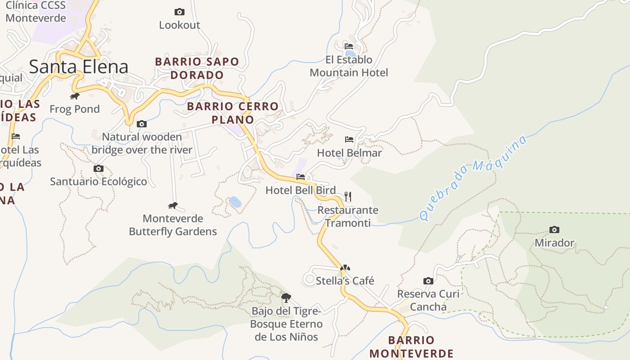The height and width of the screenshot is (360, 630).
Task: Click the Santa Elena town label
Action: pos(79,67)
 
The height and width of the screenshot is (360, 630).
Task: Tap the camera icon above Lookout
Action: pos(179,12)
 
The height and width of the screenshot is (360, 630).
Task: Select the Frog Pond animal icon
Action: pos(75,96)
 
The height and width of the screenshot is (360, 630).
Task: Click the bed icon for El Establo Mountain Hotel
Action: pos(349,46)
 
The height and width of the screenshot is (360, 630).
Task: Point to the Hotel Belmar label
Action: pos(349,153)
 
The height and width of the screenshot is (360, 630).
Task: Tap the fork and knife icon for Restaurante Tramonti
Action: pos(347,196)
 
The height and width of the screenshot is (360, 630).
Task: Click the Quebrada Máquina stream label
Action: pos(473,178)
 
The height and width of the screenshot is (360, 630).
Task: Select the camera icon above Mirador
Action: pos(554,229)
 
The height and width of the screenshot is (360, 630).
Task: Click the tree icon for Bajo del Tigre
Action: pos(286,297)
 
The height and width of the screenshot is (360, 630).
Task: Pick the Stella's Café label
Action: pos(345,281)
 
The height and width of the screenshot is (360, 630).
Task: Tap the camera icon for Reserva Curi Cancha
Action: pos(428,281)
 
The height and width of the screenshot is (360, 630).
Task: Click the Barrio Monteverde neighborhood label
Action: pos(411,346)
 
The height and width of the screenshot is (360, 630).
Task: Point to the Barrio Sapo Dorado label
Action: pos(197,68)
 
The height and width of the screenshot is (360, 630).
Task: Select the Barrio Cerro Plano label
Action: pos(233,113)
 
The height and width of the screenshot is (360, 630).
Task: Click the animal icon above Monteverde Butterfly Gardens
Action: pos(173,206)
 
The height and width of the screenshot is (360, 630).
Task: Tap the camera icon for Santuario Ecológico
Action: pos(99,169)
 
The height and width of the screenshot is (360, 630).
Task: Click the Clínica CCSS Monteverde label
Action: pos(36,12)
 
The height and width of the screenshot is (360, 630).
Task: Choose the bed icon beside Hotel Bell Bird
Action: pos(301,177)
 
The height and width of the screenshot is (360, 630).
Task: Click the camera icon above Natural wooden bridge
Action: pos(142,124)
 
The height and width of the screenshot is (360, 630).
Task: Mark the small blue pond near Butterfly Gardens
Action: pos(235,202)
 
